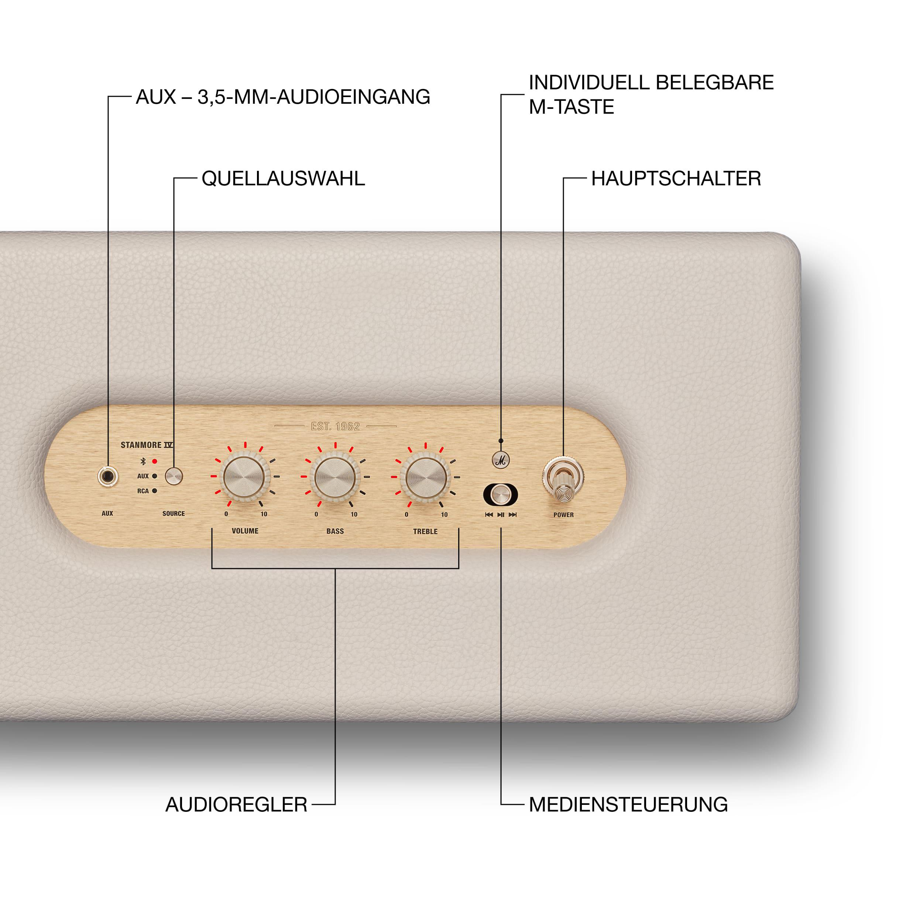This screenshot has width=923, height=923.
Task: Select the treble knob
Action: [x=425, y=477]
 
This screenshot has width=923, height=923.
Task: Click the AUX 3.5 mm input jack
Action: [x=107, y=476]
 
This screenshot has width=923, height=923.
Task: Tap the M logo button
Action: [x=501, y=460]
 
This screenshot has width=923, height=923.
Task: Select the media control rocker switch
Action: [x=500, y=494]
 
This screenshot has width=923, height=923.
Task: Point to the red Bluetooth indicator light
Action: [x=154, y=461]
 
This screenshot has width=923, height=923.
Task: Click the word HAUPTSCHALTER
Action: [x=676, y=179]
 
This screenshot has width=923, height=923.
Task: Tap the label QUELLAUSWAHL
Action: [x=283, y=179]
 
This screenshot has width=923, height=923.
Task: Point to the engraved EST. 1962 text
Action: [x=335, y=426]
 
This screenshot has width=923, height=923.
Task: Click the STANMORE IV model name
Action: [x=147, y=445]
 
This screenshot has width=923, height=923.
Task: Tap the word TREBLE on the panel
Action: [x=425, y=531]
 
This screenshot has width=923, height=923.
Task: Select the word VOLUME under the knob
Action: [x=245, y=531]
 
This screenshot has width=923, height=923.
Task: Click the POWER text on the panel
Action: [x=564, y=515]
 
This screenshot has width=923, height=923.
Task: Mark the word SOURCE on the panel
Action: [x=174, y=514]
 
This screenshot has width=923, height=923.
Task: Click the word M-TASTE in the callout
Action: [x=572, y=107]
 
